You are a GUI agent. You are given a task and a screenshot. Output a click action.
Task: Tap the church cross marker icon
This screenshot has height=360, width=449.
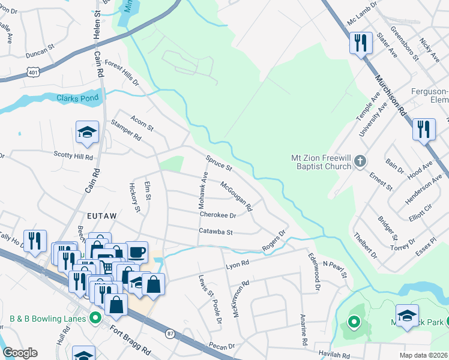360,160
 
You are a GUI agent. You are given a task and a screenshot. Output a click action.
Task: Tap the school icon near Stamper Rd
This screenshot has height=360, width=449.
87,133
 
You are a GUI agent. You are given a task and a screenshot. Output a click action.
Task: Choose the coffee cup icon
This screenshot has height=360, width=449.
137,251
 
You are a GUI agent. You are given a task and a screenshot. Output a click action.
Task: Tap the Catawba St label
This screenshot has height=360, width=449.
215,231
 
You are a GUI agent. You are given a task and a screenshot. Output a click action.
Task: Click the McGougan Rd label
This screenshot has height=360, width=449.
237,196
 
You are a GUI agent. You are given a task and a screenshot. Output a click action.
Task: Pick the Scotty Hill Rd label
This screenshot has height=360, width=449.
73,157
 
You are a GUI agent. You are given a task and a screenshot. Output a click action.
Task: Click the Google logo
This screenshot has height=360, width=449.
20,352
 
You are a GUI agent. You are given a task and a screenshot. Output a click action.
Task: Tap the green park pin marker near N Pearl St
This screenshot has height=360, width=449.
354,323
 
